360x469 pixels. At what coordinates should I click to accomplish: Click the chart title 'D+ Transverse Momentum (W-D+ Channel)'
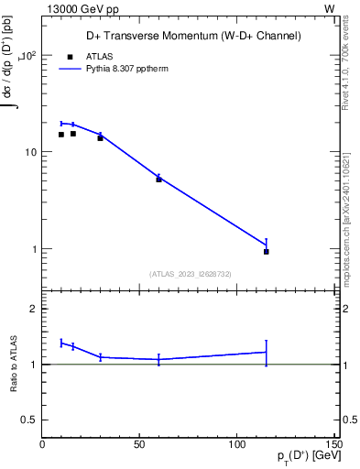click(x=187, y=36)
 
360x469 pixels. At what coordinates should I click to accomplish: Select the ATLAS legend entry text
click(x=98, y=56)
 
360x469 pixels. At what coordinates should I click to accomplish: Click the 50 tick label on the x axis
click(x=139, y=444)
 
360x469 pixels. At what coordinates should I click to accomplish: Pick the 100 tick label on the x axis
click(x=236, y=444)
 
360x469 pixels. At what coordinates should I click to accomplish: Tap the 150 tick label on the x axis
click(x=331, y=444)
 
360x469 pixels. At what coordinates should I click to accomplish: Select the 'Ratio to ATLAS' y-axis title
click(x=14, y=364)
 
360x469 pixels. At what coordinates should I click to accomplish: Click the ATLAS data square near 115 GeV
click(x=267, y=251)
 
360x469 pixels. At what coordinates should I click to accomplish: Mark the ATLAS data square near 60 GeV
click(x=158, y=180)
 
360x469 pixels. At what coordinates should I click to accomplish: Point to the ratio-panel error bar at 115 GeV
click(x=267, y=353)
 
